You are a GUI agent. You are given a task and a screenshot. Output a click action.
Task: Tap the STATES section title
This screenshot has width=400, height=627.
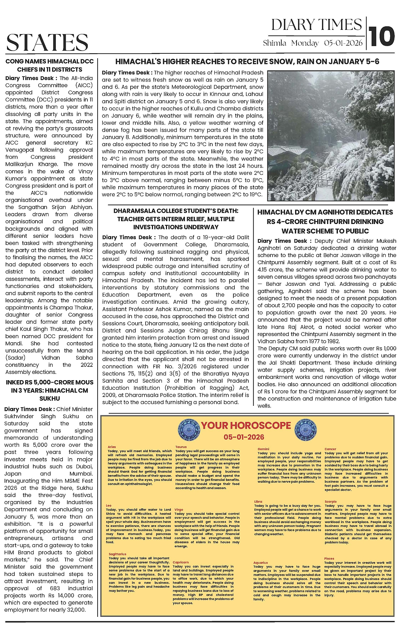click(x=47, y=42)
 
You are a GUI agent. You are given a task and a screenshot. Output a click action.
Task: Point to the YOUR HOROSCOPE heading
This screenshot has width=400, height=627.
click(x=246, y=425)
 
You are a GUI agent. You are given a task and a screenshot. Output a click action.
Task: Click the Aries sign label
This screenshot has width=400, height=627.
click(x=112, y=447)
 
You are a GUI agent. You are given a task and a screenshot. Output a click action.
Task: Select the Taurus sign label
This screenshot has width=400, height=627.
click(x=181, y=447)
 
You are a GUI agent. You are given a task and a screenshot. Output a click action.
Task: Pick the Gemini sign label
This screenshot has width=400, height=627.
click(x=263, y=449)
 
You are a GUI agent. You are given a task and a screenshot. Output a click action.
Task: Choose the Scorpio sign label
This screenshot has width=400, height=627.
click(x=331, y=502)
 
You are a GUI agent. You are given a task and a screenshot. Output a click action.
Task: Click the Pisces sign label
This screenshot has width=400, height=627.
click(x=329, y=559)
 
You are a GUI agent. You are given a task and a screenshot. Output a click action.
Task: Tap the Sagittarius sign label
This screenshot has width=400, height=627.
click(x=117, y=554)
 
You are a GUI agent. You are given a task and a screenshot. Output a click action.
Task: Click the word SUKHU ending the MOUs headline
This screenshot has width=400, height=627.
click(x=49, y=398)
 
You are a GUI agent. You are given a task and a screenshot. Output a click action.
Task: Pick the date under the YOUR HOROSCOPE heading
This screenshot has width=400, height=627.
click(x=244, y=437)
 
